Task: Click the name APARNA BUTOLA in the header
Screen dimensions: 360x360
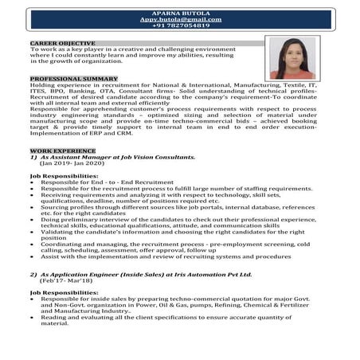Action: coord(180,10)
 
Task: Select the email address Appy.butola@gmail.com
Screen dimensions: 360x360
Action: coord(180,18)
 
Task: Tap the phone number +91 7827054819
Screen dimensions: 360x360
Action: coord(180,25)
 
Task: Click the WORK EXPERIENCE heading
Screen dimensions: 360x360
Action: coord(62,150)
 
